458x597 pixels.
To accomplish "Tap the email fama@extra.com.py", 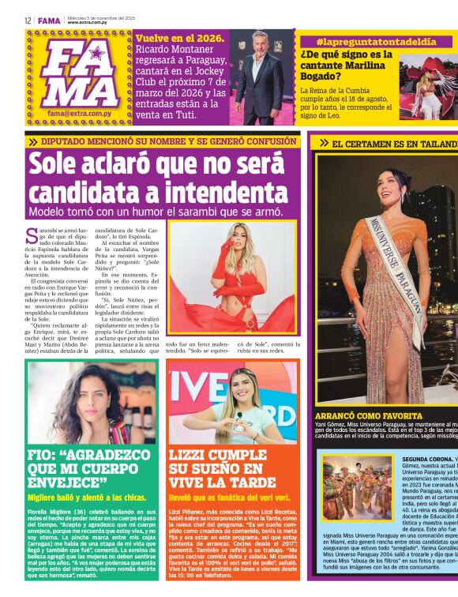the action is (x=77, y=114).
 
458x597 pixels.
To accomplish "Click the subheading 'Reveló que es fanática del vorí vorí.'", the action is (x=229, y=498).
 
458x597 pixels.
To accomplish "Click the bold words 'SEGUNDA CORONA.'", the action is (x=427, y=459).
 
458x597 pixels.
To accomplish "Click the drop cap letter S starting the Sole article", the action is (x=32, y=235).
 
